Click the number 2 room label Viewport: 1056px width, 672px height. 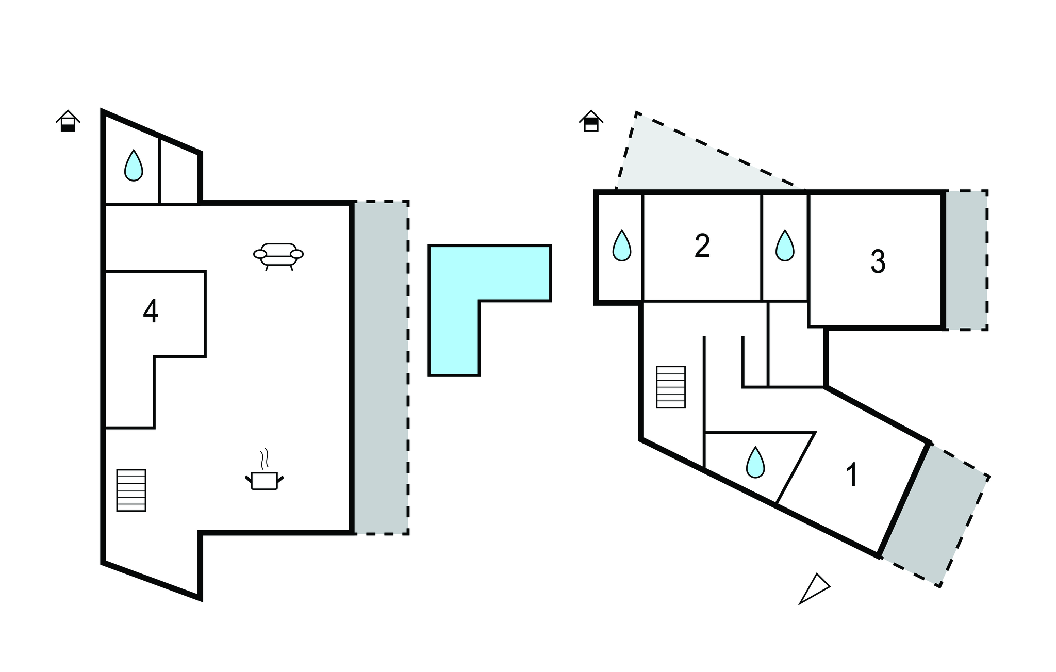pos(702,246)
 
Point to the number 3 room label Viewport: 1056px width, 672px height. pos(878,261)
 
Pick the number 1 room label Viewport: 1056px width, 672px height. pos(852,474)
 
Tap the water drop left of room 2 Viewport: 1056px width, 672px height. pos(622,245)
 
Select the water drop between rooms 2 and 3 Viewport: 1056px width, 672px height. pos(785,245)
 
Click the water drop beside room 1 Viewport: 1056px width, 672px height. pos(755,462)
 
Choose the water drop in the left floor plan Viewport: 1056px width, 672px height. pos(134,165)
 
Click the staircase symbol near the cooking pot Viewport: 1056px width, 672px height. pos(131,490)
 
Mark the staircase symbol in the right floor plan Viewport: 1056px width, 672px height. pos(671,387)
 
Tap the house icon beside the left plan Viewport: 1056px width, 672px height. pos(68,121)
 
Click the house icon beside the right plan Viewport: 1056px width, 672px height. pos(591,121)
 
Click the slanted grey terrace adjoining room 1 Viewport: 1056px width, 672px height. pos(935,516)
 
